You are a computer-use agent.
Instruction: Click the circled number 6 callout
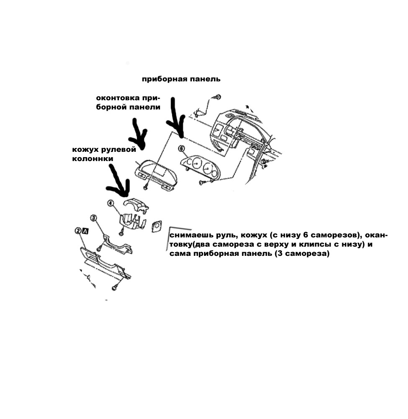click(x=181, y=148)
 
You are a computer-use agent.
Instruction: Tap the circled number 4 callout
click(x=111, y=203)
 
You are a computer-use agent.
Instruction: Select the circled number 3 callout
click(x=93, y=218)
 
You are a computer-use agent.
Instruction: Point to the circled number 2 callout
click(x=78, y=230)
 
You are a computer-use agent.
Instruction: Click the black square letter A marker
click(x=85, y=231)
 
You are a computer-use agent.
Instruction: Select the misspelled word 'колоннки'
click(x=93, y=159)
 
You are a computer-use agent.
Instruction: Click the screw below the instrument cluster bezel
click(x=146, y=187)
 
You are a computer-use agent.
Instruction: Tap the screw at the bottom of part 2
click(x=114, y=288)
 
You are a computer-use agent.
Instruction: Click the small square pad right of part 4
click(x=156, y=226)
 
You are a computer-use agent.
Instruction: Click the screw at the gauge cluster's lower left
click(x=201, y=182)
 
